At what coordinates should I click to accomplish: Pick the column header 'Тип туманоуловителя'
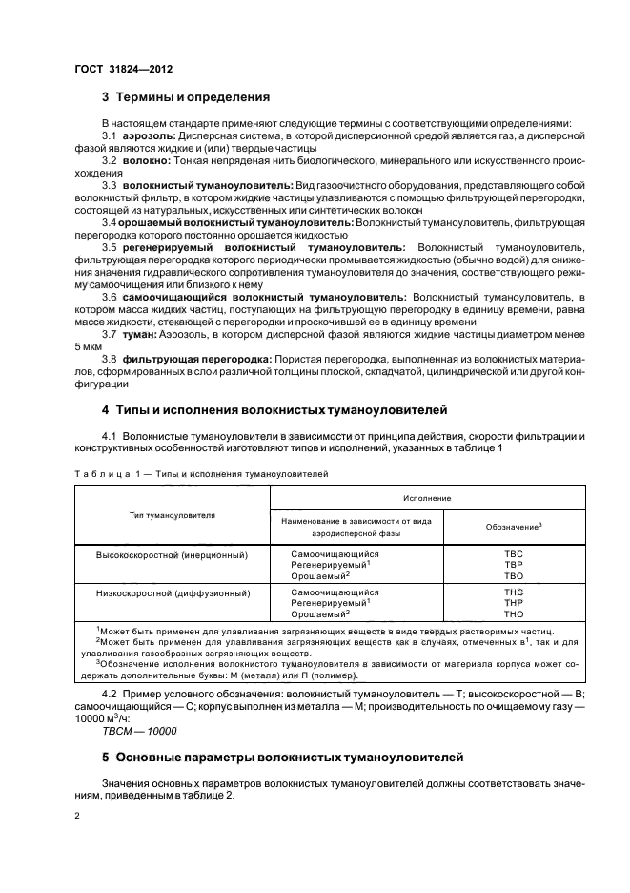pyautogui.click(x=173, y=515)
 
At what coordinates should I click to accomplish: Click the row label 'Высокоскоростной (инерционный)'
pyautogui.click(x=173, y=554)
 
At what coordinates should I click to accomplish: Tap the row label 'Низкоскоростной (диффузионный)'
pyautogui.click(x=173, y=592)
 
